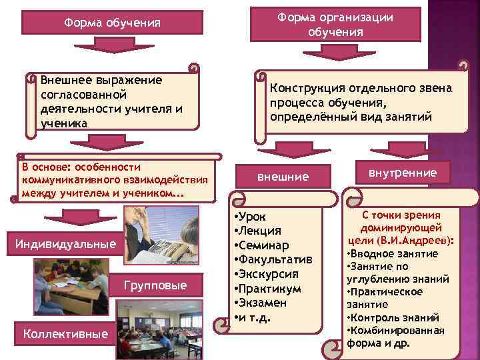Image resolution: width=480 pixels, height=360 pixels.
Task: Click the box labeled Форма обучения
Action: [112, 23]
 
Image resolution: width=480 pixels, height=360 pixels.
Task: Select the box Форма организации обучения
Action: [336, 25]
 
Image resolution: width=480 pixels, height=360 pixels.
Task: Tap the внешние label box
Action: [283, 177]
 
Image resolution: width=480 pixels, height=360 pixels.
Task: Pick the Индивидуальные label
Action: [65, 245]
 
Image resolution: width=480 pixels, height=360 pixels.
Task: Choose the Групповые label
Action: [155, 285]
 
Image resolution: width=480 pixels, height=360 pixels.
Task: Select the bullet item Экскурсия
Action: [269, 274]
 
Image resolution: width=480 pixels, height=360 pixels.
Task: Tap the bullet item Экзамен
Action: [264, 303]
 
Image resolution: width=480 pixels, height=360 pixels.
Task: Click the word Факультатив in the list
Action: [275, 259]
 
